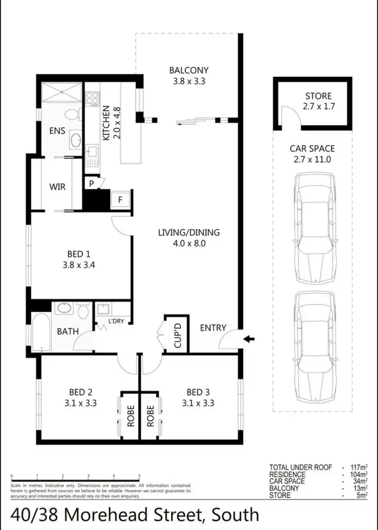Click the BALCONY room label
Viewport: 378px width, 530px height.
188,71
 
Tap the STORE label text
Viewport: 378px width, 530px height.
319,96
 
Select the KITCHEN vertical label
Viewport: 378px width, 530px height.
106,123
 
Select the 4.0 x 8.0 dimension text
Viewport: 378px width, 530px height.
188,243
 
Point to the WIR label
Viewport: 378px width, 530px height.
57,187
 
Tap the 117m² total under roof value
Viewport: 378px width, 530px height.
359,467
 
